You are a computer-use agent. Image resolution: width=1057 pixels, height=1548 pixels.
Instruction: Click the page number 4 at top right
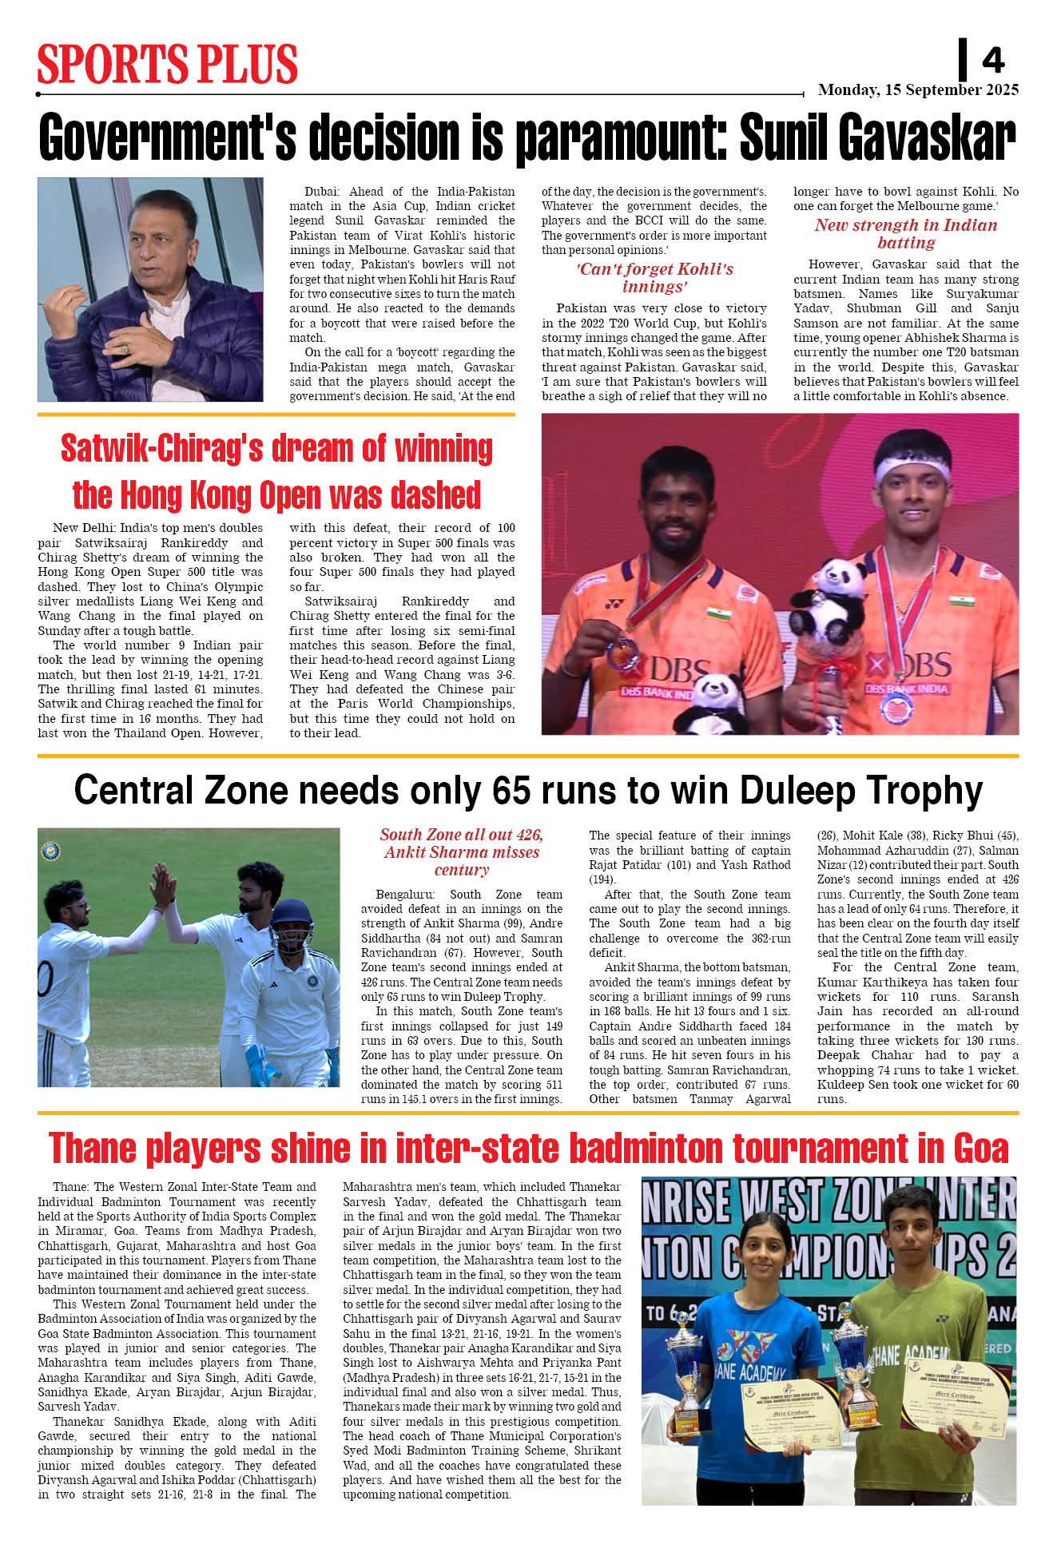[993, 60]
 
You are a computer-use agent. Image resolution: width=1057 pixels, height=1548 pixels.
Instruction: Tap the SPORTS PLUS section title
[167, 64]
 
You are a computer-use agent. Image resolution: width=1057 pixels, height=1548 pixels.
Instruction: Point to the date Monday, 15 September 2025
[918, 90]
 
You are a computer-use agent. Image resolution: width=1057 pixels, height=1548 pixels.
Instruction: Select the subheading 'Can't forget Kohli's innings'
[654, 277]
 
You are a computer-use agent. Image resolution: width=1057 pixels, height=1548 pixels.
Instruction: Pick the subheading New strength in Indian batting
[905, 233]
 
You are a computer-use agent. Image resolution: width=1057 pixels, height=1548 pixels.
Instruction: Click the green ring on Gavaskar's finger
[125, 349]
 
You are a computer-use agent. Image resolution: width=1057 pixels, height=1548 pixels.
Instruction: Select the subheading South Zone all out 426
[461, 835]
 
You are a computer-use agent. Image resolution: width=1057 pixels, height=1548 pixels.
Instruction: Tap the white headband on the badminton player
[912, 467]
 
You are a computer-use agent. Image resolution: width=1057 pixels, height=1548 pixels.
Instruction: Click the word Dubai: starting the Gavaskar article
[321, 192]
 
